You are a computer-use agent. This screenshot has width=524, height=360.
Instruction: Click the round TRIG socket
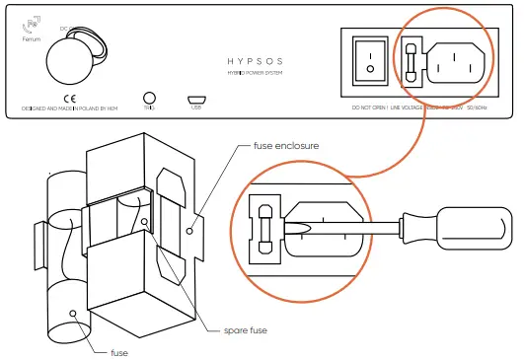pyautogui.click(x=149, y=98)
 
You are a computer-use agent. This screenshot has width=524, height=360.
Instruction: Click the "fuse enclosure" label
pyautogui.click(x=286, y=146)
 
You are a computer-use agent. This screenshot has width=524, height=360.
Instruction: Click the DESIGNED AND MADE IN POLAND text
pyautogui.click(x=69, y=108)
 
